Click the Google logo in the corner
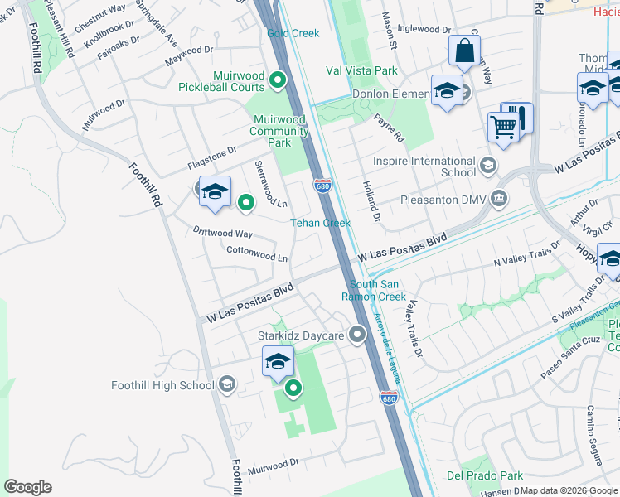point(28,486)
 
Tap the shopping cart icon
point(503,127)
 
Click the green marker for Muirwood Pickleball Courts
point(279,80)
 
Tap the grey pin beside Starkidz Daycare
point(357,335)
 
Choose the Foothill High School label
point(162,385)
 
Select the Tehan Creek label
point(320,223)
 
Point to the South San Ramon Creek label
point(375,291)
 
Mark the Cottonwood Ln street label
point(257,253)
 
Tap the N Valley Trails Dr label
point(526,253)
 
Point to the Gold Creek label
point(293,33)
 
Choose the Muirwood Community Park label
point(280,131)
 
